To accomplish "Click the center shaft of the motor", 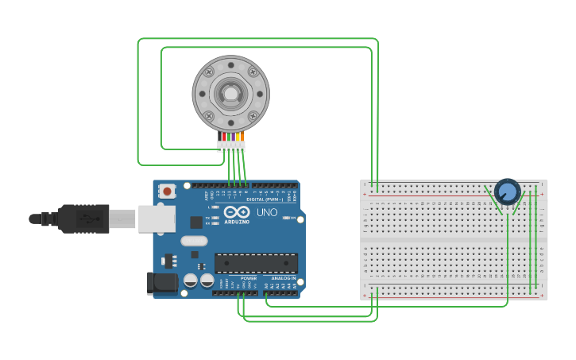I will pos(230,94).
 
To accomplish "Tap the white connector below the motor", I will pos(231,146).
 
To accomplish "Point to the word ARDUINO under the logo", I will pos(237,222).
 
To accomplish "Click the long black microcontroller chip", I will pos(256,262).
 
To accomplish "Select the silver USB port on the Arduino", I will pos(157,219).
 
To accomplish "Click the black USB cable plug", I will pos(83,219).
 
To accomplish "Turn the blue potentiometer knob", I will pos(507,191).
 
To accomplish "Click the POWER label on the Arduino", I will pos(249,278).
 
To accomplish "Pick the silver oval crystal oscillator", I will pos(194,241).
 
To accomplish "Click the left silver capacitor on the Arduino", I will pos(191,281).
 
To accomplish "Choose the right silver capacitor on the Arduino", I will pos(207,281).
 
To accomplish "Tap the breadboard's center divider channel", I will pos(454,238).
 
